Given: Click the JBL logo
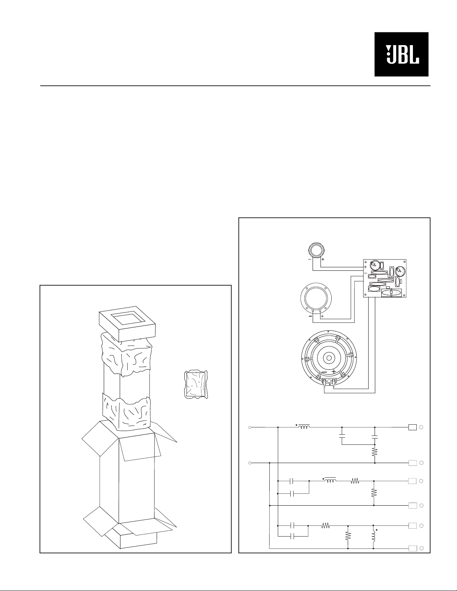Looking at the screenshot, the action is point(401,54).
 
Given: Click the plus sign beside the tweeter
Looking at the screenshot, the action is point(323,260).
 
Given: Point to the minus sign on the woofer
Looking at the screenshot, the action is point(324,372).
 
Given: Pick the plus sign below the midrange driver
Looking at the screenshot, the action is point(322,316).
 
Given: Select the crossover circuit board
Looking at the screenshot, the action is point(385,278).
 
